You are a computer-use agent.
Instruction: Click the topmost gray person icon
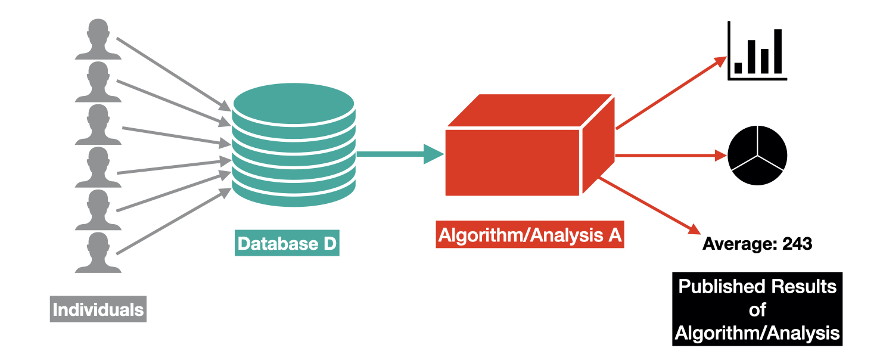click(x=98, y=39)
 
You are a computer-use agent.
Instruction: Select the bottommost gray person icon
click(x=98, y=253)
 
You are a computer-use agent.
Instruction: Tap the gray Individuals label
click(x=98, y=310)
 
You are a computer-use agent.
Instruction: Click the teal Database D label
click(x=287, y=244)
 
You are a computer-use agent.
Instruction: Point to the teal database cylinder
click(x=294, y=146)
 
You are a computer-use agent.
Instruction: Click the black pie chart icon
click(x=757, y=155)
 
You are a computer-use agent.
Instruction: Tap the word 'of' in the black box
click(x=757, y=310)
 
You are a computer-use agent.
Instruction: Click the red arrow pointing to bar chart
click(x=670, y=93)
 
